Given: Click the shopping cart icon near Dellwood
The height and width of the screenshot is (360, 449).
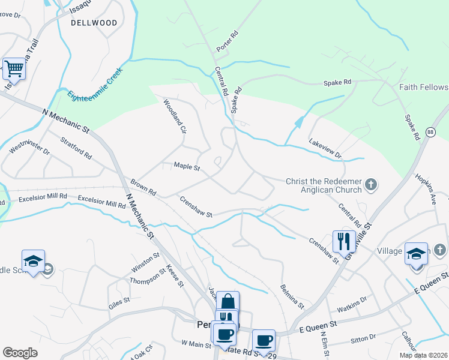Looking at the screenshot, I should coord(14,68).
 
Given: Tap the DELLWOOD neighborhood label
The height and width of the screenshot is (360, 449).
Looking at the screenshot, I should coord(94,23).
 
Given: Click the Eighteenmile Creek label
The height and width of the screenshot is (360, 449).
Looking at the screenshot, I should coord(95,84).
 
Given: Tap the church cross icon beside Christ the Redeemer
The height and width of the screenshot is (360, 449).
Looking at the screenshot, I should coord(372,184).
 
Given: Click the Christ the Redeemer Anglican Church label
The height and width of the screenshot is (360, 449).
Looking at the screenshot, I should coord(324,185).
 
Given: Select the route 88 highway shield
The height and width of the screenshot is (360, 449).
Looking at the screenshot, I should coord(430,132).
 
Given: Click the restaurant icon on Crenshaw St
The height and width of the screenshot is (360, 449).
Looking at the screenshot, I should coord(344,241).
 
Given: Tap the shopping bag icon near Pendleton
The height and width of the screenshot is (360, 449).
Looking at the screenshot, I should coord(228,302).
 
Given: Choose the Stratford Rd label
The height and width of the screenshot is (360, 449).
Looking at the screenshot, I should coord(76,148).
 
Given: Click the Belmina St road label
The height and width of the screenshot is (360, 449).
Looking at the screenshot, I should coord(292,296).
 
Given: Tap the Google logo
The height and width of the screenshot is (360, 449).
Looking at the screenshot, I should coord(20,353).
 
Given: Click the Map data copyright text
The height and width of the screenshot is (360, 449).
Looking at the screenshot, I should coord(424,355).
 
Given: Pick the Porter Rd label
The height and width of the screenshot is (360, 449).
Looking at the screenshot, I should coord(228,41).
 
